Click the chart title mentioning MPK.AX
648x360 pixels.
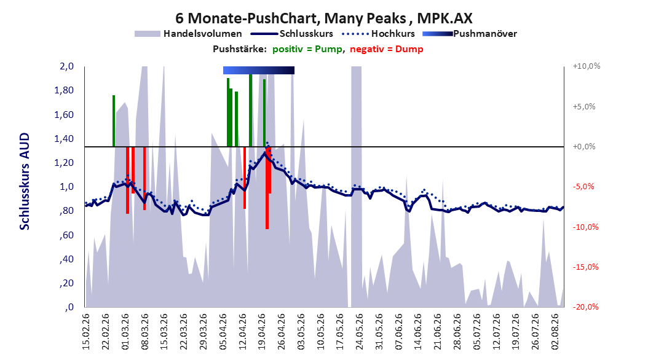pyautogui.click(x=323, y=18)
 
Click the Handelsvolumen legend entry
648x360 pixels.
pyautogui.click(x=189, y=34)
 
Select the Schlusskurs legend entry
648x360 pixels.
pyautogui.click(x=292, y=34)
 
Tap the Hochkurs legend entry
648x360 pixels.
pyautogui.click(x=378, y=34)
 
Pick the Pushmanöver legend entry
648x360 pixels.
pyautogui.click(x=470, y=34)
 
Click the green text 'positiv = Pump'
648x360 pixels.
pyautogui.click(x=307, y=49)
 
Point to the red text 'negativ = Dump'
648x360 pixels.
pyautogui.click(x=387, y=49)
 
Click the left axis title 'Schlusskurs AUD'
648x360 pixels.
pyautogui.click(x=25, y=181)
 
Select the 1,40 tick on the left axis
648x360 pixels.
pyautogui.click(x=64, y=138)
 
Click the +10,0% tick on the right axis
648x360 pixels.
pyautogui.click(x=587, y=66)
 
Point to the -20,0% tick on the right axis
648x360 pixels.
pyautogui.click(x=585, y=307)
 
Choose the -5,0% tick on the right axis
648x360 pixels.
pyautogui.click(x=583, y=186)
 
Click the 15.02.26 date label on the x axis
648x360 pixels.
pyautogui.click(x=86, y=332)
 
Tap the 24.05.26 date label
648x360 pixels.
pyautogui.click(x=359, y=332)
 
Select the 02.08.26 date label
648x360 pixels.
pyautogui.click(x=555, y=332)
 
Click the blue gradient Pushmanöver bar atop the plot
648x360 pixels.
pyautogui.click(x=259, y=70)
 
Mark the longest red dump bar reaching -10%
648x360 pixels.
pyautogui.click(x=267, y=188)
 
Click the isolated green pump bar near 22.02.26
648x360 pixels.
pyautogui.click(x=114, y=121)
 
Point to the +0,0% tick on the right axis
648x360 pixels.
pyautogui.click(x=584, y=147)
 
